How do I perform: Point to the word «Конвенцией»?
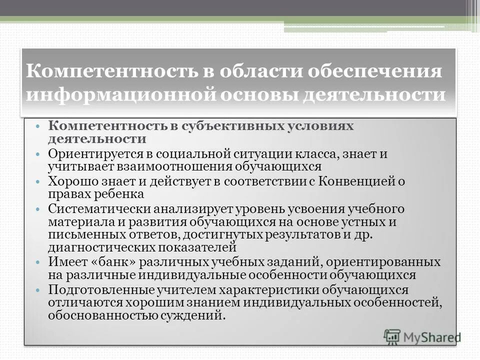tap(358, 181)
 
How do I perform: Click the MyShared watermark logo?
tap(422, 336)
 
